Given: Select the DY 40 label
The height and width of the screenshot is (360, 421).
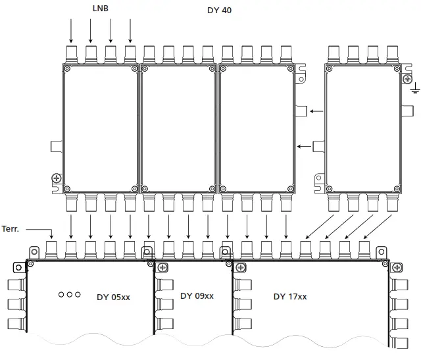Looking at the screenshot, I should (219, 11).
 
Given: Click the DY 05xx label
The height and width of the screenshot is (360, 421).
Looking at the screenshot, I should (113, 297).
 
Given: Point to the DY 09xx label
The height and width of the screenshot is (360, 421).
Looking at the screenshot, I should (197, 296).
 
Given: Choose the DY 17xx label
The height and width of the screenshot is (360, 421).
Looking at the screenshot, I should (290, 296).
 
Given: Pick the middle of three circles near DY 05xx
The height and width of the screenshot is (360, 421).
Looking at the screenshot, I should (69, 294).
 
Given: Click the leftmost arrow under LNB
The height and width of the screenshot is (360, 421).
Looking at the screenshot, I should (71, 30).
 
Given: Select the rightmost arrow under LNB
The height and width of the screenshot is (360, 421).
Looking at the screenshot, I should (131, 30).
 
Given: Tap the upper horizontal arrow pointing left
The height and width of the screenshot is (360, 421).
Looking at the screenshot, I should (316, 111).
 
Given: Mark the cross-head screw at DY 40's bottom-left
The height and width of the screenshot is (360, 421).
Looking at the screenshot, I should (57, 178).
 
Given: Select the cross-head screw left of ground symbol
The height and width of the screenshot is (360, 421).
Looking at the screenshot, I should (406, 79).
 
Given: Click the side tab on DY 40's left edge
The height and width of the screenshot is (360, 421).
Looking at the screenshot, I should (56, 145).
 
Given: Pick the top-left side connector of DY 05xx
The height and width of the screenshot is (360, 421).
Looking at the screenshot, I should (17, 285).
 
